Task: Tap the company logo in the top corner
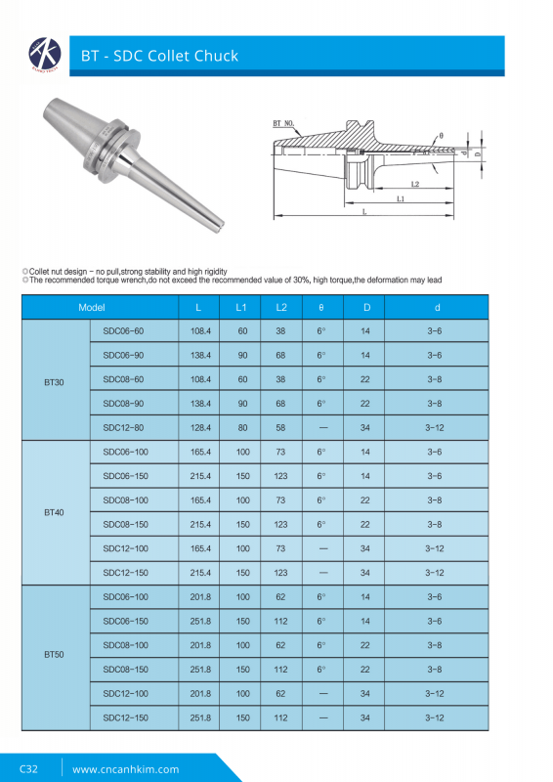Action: click(43, 54)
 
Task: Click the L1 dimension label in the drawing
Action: click(402, 196)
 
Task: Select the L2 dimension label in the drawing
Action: click(414, 183)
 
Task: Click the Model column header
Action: click(92, 307)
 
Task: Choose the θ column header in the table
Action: click(320, 307)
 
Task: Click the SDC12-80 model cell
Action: click(123, 427)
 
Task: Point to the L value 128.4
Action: click(201, 427)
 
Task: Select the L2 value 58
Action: click(281, 427)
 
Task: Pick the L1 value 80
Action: click(242, 427)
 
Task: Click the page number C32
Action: click(28, 768)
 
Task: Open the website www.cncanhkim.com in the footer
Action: click(126, 768)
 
